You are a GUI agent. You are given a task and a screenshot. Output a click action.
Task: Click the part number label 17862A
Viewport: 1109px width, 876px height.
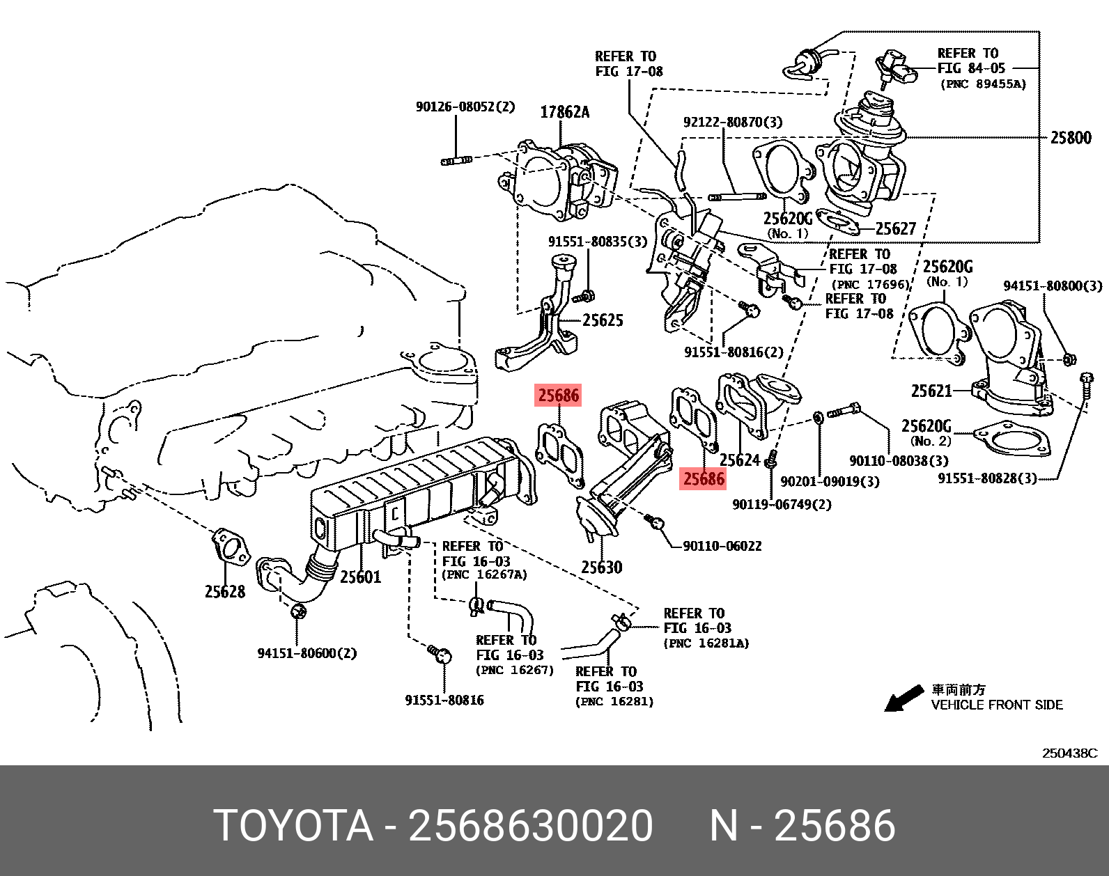[x=564, y=112]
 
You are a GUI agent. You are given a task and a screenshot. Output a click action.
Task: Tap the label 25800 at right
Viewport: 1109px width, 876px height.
[x=1070, y=138]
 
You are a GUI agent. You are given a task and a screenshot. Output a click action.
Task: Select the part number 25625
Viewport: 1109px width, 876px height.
[x=603, y=320]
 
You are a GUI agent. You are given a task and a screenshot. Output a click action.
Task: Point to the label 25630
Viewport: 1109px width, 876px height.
[x=601, y=568]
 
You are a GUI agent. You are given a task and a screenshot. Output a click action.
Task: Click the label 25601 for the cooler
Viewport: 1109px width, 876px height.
[x=360, y=577]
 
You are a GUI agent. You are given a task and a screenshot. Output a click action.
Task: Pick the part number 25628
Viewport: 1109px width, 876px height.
[x=224, y=592]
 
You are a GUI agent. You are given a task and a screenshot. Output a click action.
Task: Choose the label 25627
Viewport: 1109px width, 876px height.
[x=896, y=229]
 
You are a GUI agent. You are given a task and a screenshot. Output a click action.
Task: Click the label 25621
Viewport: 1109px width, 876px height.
[x=931, y=391]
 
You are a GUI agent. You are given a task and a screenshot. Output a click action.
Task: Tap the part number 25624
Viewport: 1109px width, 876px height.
[x=739, y=460]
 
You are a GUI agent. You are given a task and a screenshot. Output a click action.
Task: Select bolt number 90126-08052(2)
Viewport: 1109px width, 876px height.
[x=465, y=107]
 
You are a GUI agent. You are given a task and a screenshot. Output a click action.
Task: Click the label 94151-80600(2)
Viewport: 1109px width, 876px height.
[x=307, y=654]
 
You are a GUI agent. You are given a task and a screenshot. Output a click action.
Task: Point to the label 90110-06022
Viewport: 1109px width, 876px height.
[x=722, y=547]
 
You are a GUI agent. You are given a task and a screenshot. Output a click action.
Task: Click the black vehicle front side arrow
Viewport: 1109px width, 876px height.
[x=904, y=698]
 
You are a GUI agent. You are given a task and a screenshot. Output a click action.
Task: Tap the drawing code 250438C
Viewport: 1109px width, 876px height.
[x=1069, y=753]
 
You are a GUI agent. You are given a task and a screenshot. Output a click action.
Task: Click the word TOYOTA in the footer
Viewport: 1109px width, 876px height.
[x=293, y=826]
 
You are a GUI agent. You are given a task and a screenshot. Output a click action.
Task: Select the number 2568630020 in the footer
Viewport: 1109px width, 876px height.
[x=530, y=826]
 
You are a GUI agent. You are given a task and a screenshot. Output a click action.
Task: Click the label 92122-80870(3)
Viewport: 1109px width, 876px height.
[x=732, y=123]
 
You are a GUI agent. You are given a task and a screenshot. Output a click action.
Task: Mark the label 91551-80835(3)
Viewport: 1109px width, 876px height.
[x=597, y=242]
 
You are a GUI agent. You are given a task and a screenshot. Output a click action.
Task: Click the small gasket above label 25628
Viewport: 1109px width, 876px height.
[x=230, y=547]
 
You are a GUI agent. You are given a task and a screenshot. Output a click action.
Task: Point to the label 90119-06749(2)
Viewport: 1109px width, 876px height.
[x=782, y=504]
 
